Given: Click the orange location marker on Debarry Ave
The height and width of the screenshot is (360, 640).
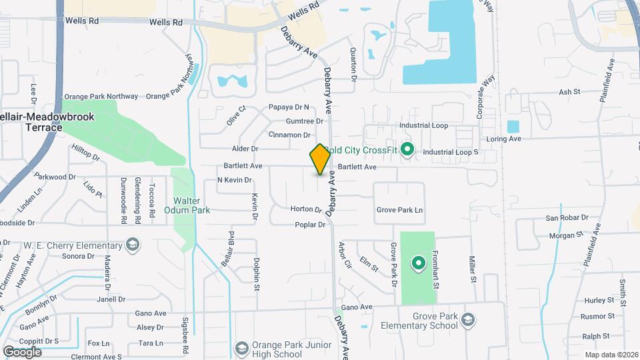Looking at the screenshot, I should coord(320,159).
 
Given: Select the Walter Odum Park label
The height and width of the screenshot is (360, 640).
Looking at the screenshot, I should coord(191,205).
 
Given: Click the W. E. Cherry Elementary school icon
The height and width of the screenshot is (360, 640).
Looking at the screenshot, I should coord(133,245).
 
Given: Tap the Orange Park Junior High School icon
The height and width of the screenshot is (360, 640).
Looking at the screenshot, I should coord(242,349).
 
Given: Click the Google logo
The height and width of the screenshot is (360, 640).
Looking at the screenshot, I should coord(23,351).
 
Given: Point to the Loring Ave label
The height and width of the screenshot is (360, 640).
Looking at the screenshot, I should coord(523,139).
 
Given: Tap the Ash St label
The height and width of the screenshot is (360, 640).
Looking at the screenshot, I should coord(570,92).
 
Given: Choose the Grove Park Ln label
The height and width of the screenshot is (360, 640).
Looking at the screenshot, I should coord(400,210).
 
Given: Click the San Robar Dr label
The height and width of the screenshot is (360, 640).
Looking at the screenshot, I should coord(567,217).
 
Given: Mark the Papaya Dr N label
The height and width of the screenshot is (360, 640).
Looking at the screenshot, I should coord(289,107).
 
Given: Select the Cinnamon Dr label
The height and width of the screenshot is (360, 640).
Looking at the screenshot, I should coord(289,135).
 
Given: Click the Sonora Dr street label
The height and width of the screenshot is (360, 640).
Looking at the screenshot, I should coord(77,256).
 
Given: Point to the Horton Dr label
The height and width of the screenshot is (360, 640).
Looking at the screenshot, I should coord(306,209).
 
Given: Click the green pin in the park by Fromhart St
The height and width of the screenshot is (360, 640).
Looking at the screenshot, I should coord(418,263).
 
